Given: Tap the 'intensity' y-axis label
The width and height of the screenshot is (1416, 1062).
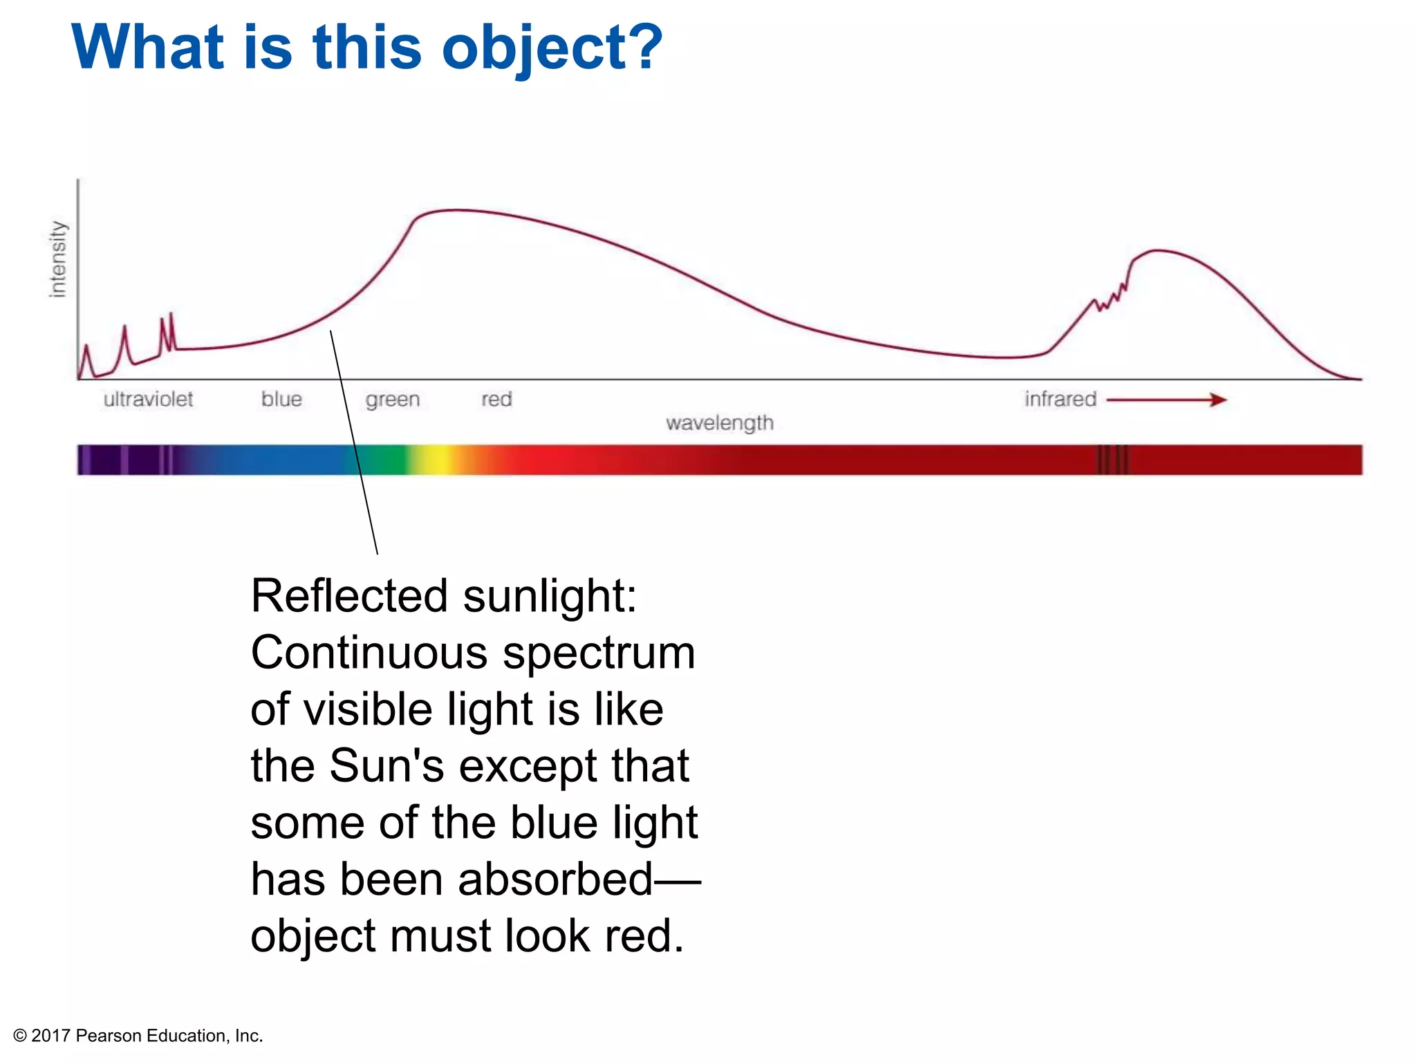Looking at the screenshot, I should pyautogui.click(x=58, y=259).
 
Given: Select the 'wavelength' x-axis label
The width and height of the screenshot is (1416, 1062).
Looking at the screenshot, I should pyautogui.click(x=719, y=422).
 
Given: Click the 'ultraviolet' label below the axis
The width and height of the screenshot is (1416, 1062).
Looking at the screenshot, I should pyautogui.click(x=148, y=399).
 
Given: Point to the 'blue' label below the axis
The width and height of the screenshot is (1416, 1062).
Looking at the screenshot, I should pyautogui.click(x=281, y=399).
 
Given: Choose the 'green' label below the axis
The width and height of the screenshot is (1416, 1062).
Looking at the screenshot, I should pyautogui.click(x=392, y=400).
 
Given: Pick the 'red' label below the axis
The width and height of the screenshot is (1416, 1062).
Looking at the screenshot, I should pyautogui.click(x=496, y=399).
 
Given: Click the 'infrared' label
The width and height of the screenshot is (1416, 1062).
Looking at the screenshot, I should pyautogui.click(x=1060, y=399).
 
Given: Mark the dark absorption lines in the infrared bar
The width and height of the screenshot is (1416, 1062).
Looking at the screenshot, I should pyautogui.click(x=1112, y=460).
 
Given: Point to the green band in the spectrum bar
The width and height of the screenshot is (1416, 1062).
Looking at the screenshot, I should pyautogui.click(x=384, y=460).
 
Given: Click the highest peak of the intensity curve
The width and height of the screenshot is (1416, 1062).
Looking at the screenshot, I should pyautogui.click(x=453, y=210).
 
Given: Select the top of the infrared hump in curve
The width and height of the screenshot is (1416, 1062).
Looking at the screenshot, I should pyautogui.click(x=1158, y=250).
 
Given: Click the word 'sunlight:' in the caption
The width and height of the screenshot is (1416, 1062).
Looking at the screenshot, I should pyautogui.click(x=549, y=595).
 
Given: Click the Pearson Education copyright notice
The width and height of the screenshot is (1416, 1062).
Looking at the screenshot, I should pyautogui.click(x=138, y=1036).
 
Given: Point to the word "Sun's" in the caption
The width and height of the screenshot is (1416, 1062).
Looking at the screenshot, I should pyautogui.click(x=386, y=766).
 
